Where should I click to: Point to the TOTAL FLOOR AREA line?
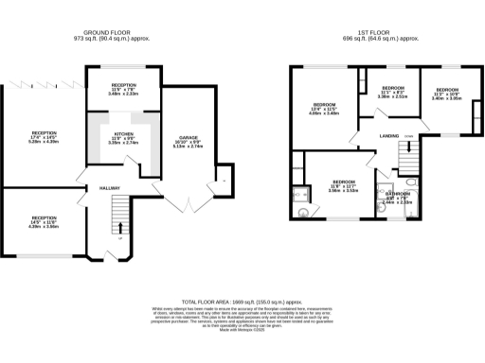pyautogui.click(x=242, y=297)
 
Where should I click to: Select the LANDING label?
pyautogui.click(x=389, y=136)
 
